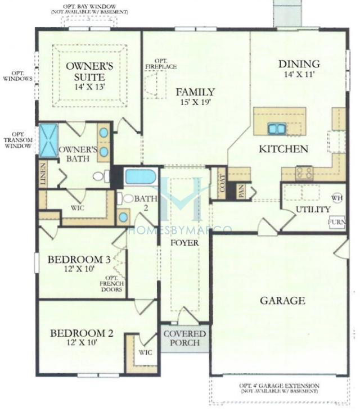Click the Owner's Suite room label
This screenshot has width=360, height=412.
pyautogui.click(x=89, y=71)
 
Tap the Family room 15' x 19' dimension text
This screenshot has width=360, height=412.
pyautogui.click(x=195, y=103)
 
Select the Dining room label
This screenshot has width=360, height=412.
pyautogui.click(x=299, y=64)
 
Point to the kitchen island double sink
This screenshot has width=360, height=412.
pyautogui.click(x=276, y=129)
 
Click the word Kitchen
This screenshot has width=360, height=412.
pyautogui.click(x=283, y=149)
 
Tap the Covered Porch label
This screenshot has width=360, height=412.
pyautogui.click(x=184, y=338)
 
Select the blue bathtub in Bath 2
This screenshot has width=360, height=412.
pyautogui.click(x=140, y=176)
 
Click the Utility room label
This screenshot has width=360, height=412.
pyautogui.click(x=313, y=210)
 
